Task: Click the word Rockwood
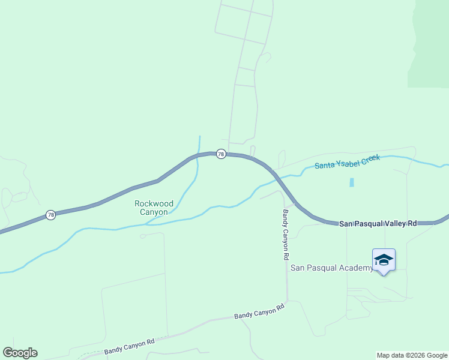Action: tap(154, 204)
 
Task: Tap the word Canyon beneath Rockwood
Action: tap(154, 212)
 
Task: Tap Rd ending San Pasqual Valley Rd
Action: tap(412, 223)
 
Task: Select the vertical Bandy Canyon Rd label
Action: tap(286, 235)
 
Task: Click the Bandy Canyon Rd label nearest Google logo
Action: tap(130, 346)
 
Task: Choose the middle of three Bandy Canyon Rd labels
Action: tap(259, 311)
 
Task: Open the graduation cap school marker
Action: tap(384, 260)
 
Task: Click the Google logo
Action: tap(20, 353)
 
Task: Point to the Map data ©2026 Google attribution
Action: tap(412, 355)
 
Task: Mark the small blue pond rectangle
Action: tap(351, 182)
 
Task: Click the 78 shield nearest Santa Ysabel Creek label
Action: tap(221, 154)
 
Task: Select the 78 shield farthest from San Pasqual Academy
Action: tap(50, 215)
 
